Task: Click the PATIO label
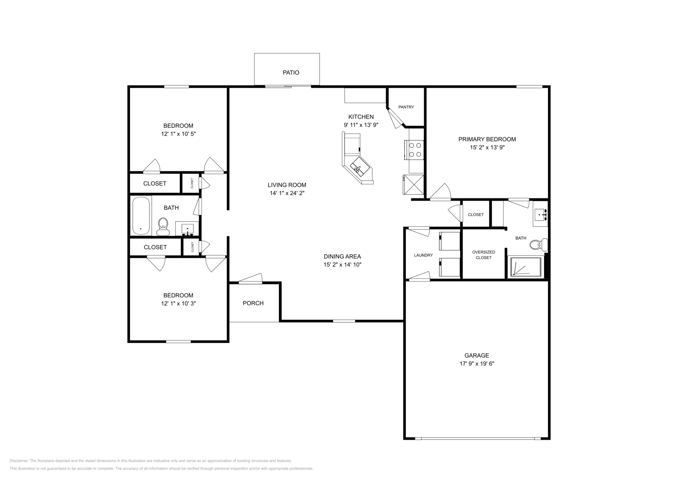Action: (291, 73)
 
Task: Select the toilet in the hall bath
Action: (163, 226)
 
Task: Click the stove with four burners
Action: (415, 150)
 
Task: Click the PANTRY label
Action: (406, 107)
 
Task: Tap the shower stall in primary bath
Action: (525, 267)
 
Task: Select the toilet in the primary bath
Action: (539, 245)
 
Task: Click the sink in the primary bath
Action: (540, 215)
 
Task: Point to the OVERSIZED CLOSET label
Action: (483, 255)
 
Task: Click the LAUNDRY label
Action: (423, 255)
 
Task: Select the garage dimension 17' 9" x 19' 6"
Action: (477, 363)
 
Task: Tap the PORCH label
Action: (253, 303)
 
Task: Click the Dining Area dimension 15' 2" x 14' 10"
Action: (342, 265)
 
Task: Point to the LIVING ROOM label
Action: (287, 185)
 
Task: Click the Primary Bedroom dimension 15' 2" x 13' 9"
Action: (487, 148)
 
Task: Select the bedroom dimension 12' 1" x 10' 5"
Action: (178, 134)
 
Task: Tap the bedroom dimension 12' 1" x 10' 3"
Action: (178, 304)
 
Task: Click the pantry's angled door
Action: (397, 117)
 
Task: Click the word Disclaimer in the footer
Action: (18, 460)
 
